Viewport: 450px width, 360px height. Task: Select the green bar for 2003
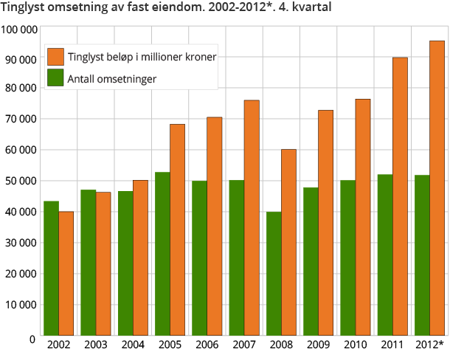click(89, 262)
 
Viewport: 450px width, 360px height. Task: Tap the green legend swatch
click(55, 78)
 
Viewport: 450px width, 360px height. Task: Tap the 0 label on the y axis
click(32, 339)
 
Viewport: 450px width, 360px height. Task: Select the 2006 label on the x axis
click(207, 345)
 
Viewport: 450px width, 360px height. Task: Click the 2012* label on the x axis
click(429, 345)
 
